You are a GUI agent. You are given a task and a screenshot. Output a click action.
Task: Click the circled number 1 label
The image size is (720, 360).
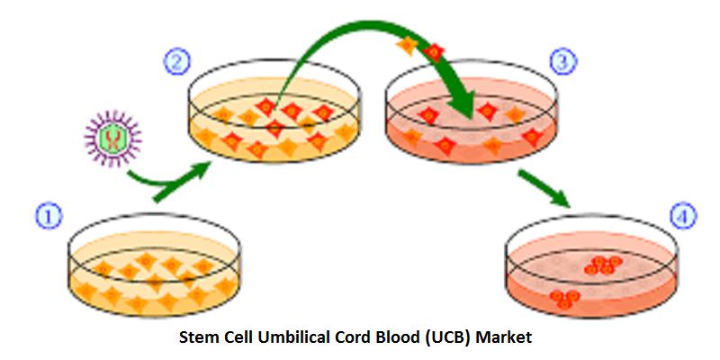[x=49, y=217]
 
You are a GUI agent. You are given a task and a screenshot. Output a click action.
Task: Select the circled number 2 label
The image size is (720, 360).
[x=176, y=62]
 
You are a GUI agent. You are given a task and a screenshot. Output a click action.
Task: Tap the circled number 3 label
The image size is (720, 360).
[x=562, y=62]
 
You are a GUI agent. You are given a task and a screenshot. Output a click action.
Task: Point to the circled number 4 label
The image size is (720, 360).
[x=683, y=216]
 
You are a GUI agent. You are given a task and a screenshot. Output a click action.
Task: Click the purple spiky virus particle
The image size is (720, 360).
[x=113, y=139]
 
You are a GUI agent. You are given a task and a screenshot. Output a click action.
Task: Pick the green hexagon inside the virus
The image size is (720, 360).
[x=113, y=139]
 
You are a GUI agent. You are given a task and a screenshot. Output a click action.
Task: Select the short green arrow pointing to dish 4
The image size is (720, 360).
[x=544, y=188]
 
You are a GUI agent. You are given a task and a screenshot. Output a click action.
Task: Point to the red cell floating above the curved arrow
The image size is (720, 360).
[x=434, y=53]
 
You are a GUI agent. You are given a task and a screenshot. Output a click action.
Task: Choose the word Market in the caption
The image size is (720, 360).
[x=504, y=337]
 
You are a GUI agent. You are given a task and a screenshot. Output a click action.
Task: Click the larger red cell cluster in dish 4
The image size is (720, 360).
[x=603, y=265]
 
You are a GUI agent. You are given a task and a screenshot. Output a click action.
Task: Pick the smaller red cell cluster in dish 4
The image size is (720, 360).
[x=565, y=299]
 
